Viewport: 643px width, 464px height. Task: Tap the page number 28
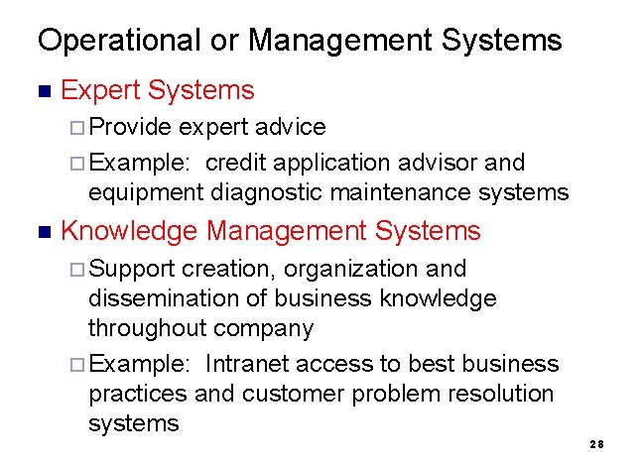click(x=596, y=444)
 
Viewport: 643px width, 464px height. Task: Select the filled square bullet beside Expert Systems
click(x=42, y=91)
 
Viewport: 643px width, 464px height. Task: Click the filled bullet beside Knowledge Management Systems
click(x=42, y=232)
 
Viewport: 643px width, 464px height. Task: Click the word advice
click(x=290, y=127)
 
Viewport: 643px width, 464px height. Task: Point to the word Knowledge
click(x=130, y=232)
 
